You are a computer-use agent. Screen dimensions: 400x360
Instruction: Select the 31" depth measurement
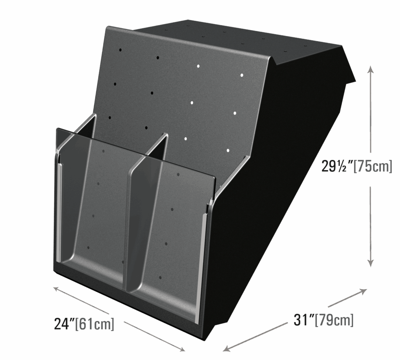tap(304, 320)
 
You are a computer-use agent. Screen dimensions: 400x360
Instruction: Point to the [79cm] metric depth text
tap(334, 320)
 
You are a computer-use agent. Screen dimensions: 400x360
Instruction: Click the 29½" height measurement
tap(337, 166)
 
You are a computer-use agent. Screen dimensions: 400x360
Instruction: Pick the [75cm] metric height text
tap(373, 167)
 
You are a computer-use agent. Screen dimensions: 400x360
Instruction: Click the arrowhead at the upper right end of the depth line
tap(363, 291)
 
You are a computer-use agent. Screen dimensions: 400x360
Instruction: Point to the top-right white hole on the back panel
tap(242, 75)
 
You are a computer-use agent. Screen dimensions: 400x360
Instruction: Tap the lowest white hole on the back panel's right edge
tap(228, 150)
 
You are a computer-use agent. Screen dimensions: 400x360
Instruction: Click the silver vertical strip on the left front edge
tap(59, 213)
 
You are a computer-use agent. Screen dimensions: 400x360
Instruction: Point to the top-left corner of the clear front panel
tap(57, 128)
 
